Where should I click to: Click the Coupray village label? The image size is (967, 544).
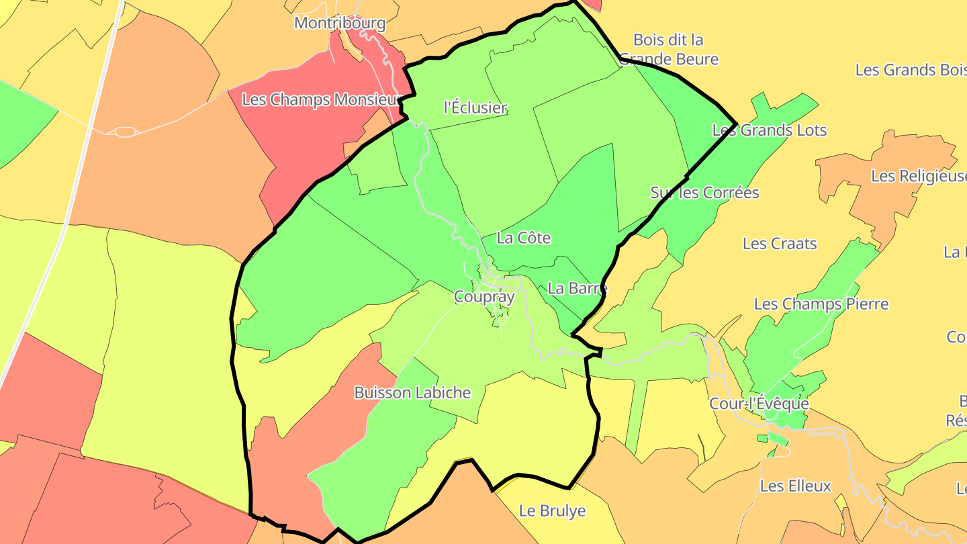click(484, 297)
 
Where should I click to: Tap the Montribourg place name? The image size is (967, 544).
click(340, 23)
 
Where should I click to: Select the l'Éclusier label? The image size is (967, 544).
click(475, 107)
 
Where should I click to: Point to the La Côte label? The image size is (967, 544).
click(524, 238)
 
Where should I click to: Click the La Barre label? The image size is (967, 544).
click(577, 289)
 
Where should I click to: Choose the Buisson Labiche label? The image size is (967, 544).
click(412, 393)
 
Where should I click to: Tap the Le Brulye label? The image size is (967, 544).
click(552, 511)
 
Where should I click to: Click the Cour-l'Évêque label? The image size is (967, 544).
click(759, 404)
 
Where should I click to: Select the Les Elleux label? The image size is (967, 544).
click(795, 486)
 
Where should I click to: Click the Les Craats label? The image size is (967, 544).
click(779, 244)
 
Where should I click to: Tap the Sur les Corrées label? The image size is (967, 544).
click(704, 193)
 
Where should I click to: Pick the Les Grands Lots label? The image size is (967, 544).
click(769, 130)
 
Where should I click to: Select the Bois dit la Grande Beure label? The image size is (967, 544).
click(668, 50)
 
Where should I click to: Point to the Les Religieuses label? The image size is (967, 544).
click(919, 176)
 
